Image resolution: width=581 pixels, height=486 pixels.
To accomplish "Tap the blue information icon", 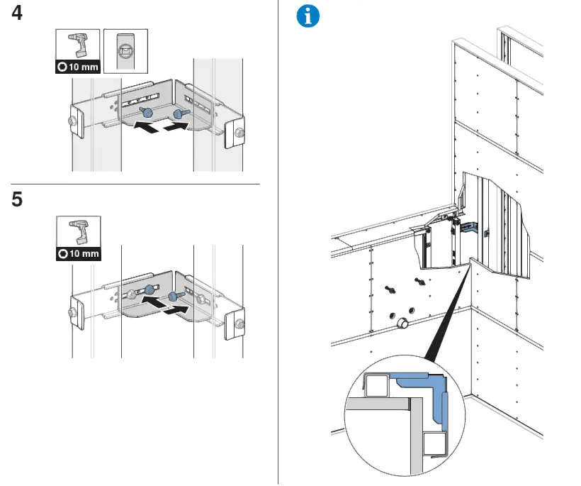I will point(308,16).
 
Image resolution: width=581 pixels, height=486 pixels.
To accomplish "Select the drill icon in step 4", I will point(78,45).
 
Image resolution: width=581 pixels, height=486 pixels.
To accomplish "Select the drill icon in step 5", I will point(78,231).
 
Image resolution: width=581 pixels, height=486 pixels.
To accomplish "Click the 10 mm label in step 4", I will point(78,67).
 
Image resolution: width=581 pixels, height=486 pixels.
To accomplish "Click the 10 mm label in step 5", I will point(78,253).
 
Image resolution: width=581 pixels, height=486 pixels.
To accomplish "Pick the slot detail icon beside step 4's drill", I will point(125,51).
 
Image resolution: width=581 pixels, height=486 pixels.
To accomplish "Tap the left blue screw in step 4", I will point(147,112).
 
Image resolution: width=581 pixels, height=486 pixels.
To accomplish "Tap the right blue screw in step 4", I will point(178,112).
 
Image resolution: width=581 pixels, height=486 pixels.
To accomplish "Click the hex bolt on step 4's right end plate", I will point(238,132).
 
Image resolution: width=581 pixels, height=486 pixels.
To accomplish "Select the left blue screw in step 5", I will point(150,289).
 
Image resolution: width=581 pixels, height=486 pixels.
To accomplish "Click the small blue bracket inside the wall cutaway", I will point(469,228).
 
